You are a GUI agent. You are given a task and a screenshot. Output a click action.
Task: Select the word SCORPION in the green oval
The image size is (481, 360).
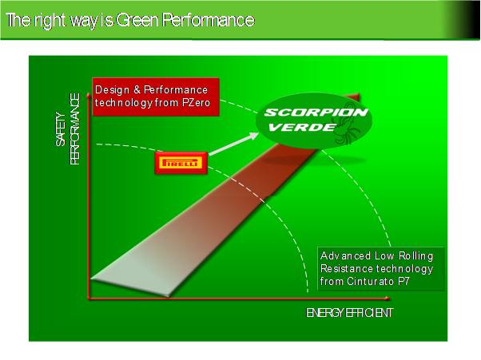[316, 112]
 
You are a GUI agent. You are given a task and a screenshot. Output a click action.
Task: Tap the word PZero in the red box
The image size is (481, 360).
[191, 102]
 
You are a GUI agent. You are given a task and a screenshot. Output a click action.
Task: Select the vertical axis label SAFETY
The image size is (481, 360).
[60, 129]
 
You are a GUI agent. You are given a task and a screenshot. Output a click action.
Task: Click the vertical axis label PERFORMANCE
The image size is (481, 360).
[75, 129]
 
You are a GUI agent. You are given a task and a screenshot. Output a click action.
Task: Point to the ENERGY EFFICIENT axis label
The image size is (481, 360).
[350, 311]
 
